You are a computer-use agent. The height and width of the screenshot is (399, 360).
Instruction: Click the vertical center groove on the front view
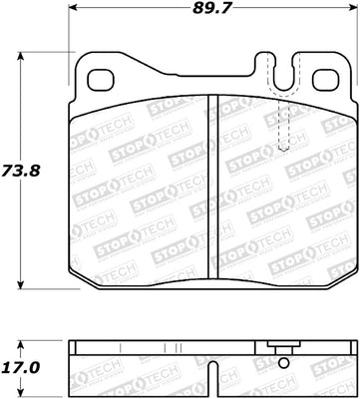coord(211,185)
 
